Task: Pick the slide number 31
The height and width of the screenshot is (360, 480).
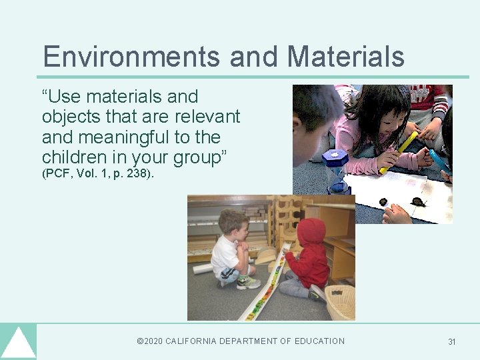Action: click(x=452, y=342)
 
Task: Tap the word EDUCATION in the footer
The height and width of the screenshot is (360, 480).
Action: click(x=314, y=341)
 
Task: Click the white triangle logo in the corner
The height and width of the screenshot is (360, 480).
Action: click(x=18, y=343)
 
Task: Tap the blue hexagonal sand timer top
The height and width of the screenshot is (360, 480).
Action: click(x=335, y=160)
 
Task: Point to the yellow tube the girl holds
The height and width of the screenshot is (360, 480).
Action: click(x=399, y=152)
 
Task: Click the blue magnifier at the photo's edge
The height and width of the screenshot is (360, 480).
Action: click(x=439, y=161)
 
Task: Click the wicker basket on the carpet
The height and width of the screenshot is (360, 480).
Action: click(x=340, y=302)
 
